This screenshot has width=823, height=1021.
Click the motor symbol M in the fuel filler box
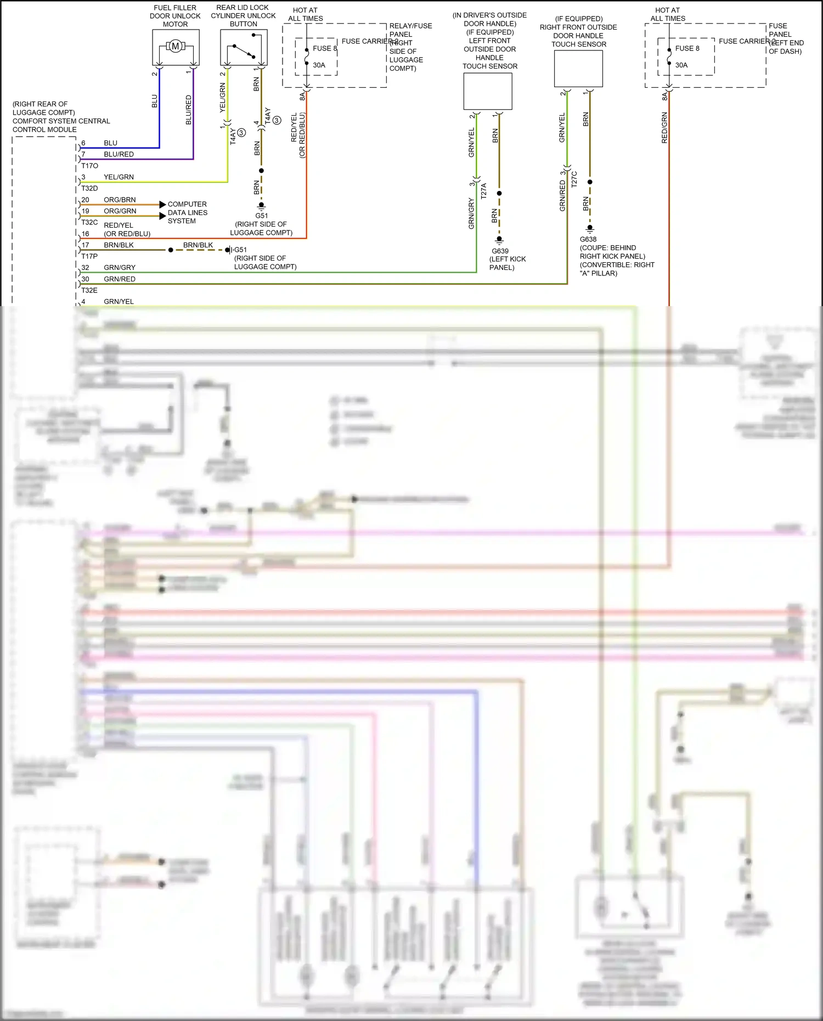[x=176, y=46]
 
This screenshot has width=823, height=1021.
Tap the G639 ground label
[x=500, y=251]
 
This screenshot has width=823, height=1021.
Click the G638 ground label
[x=588, y=239]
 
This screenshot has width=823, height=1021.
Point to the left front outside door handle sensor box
[x=488, y=92]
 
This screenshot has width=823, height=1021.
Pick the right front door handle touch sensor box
[x=578, y=69]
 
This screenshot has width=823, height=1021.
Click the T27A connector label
[x=483, y=191]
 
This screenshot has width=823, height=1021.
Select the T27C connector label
[x=574, y=179]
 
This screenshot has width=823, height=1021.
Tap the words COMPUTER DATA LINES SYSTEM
[x=187, y=212]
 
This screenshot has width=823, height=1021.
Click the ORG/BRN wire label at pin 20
[x=120, y=200]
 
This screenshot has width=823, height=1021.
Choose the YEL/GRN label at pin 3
[x=119, y=177]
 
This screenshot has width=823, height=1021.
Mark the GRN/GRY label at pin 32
[x=120, y=268]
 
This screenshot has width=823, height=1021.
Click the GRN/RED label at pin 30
[x=120, y=279]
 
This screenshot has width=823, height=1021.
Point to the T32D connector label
[x=89, y=188]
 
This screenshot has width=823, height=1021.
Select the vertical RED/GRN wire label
[x=664, y=128]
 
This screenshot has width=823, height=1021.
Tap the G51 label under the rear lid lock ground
[x=261, y=216]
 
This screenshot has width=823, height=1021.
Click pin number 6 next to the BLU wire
[x=83, y=143]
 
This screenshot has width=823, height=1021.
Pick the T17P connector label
[x=89, y=256]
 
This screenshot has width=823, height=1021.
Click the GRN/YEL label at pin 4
[x=119, y=302]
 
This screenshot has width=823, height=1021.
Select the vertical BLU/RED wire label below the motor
[x=189, y=110]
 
